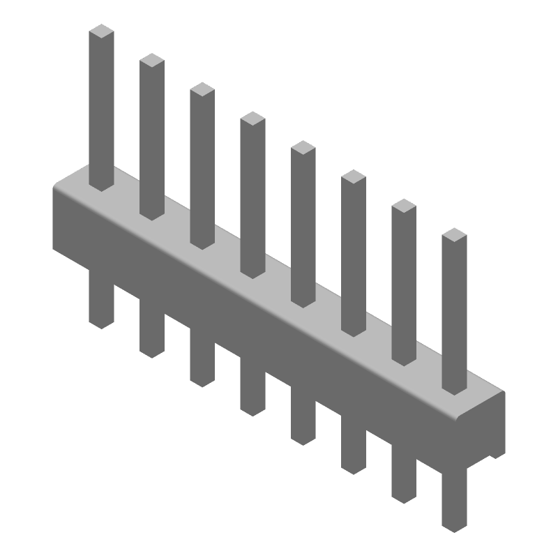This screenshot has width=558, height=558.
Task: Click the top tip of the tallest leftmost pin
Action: coord(102,31)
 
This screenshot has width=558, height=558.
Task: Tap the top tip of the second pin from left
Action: coord(152,61)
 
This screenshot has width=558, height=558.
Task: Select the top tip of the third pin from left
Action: coord(202,89)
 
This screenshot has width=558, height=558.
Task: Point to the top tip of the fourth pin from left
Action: coord(252,119)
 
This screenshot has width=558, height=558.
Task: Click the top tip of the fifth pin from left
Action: coord(303,147)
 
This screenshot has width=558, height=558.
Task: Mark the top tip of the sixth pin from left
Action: coord(354,176)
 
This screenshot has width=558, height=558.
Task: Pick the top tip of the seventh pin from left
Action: coord(404,206)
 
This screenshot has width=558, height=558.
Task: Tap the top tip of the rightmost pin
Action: coord(454,235)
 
